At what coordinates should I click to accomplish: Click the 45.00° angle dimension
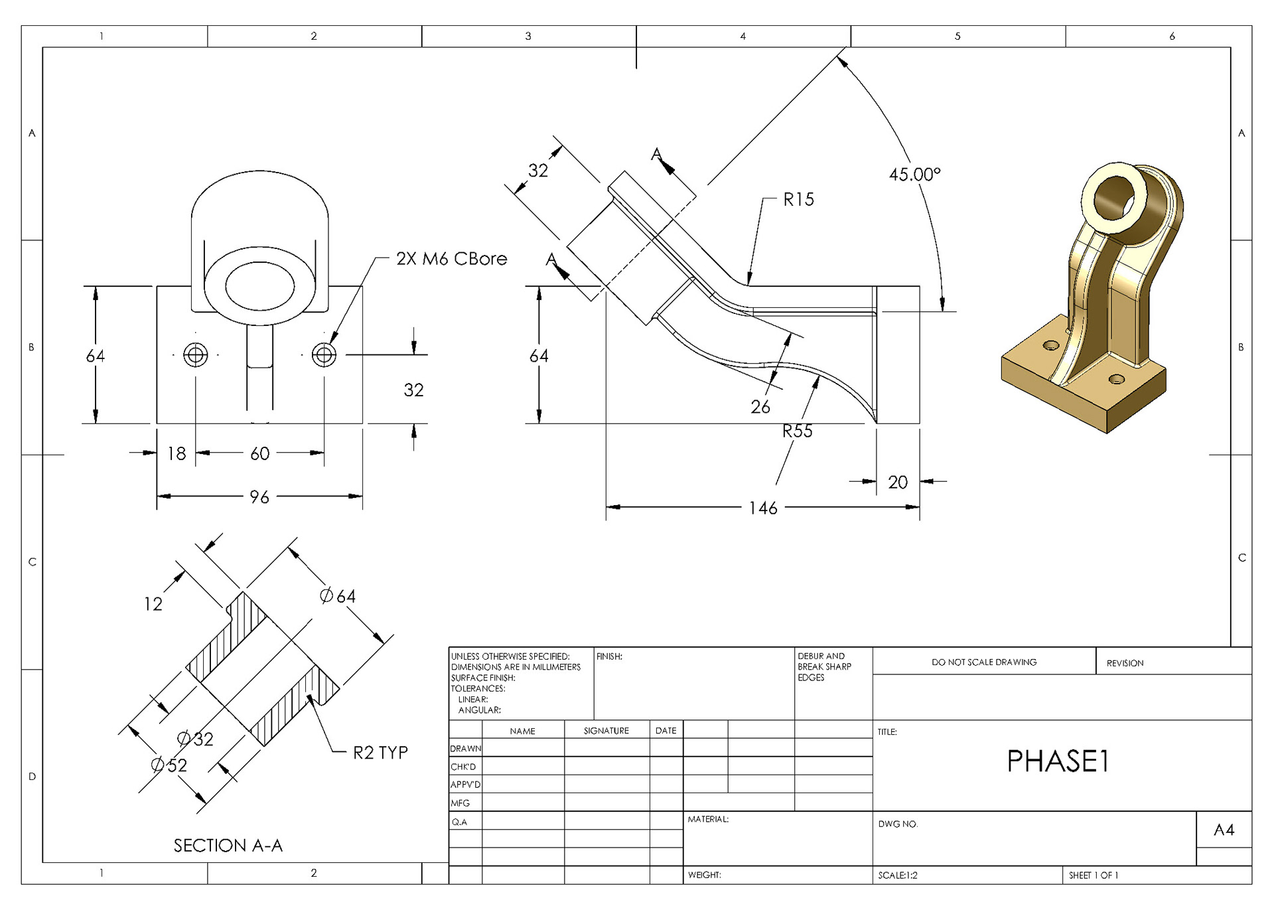[x=914, y=175]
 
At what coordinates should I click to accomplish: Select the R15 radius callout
[x=798, y=200]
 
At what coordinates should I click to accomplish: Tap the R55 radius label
[x=797, y=431]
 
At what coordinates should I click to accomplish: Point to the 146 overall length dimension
[x=763, y=508]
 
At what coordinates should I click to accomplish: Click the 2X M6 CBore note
[x=451, y=259]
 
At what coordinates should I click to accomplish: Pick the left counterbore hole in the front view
[x=195, y=355]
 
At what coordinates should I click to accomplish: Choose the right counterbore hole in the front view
[x=324, y=355]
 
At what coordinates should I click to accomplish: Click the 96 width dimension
[x=259, y=497]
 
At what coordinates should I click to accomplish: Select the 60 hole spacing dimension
[x=259, y=454]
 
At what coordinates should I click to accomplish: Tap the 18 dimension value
[x=177, y=454]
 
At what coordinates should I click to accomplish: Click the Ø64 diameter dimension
[x=338, y=597]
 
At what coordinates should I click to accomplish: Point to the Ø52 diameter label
[x=169, y=766]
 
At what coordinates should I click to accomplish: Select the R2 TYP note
[x=380, y=753]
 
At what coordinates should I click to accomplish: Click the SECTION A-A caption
[x=228, y=846]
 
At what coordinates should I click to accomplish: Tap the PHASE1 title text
[x=1058, y=761]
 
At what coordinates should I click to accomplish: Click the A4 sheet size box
[x=1224, y=830]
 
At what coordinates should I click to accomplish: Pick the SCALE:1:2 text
[x=898, y=875]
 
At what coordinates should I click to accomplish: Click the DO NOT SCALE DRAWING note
[x=984, y=662]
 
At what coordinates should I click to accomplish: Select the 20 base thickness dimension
[x=898, y=483]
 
